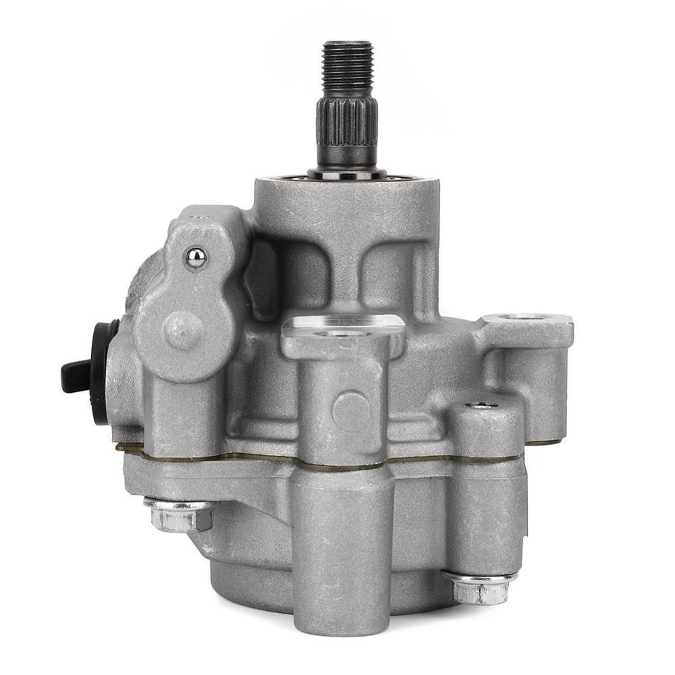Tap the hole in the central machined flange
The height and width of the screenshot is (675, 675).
click(x=332, y=332)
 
